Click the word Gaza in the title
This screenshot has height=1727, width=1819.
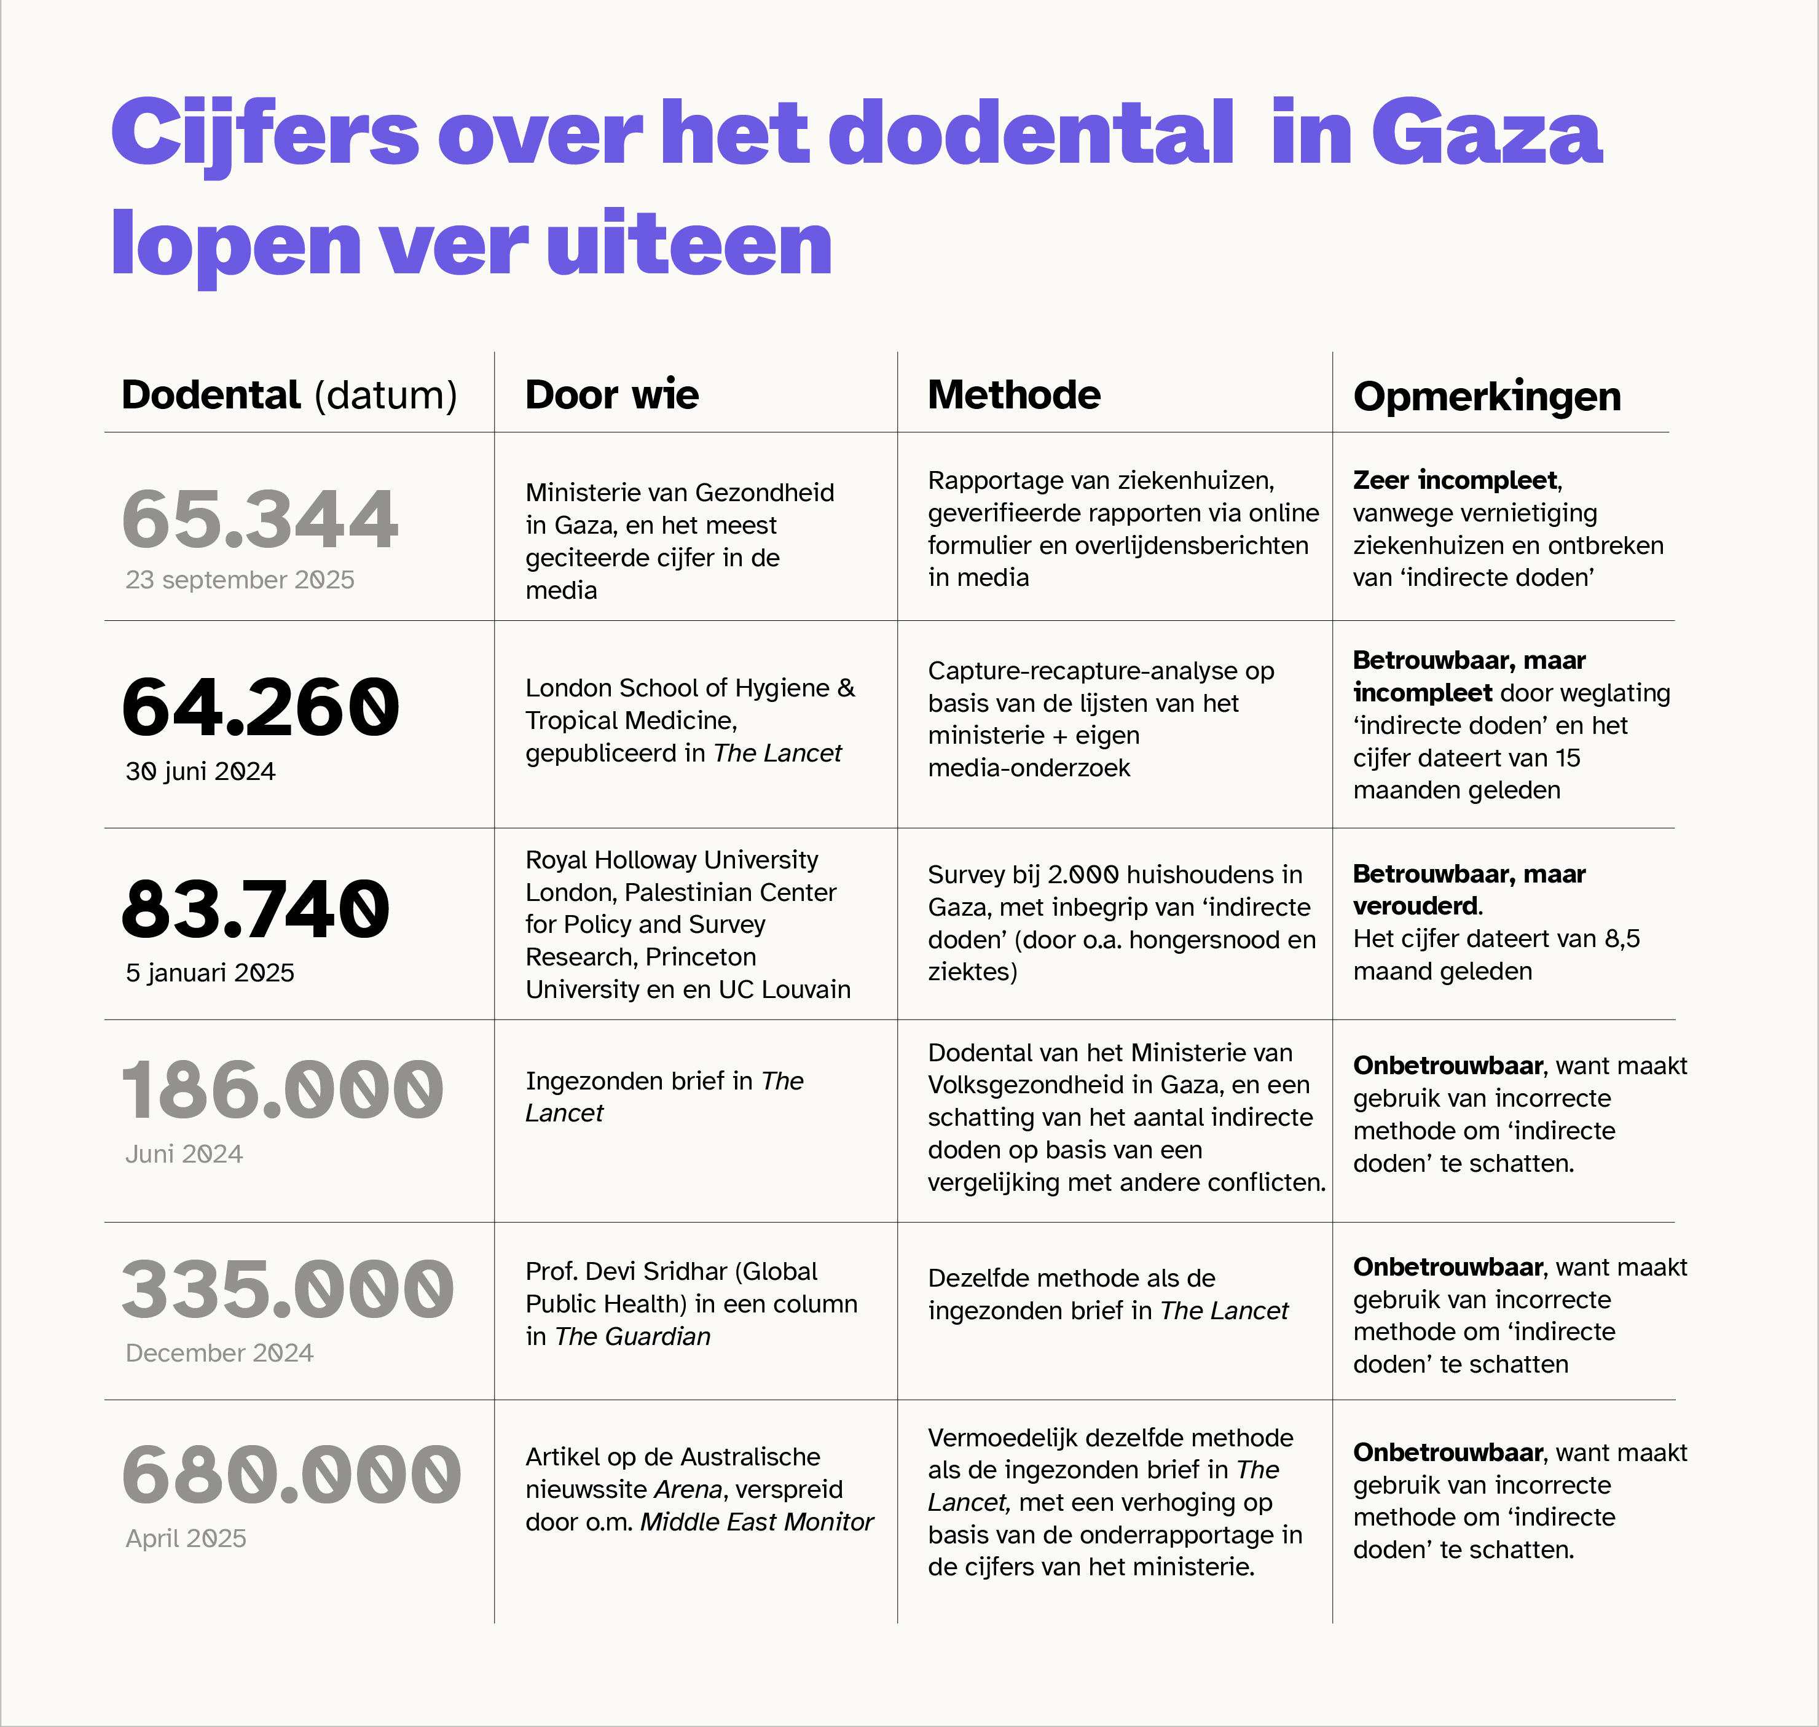click(x=1487, y=134)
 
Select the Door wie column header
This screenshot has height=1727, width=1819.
click(x=611, y=395)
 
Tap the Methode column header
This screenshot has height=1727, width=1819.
click(x=1013, y=395)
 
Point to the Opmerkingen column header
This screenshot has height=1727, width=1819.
click(x=1487, y=397)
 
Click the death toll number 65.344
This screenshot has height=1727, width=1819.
click(x=261, y=519)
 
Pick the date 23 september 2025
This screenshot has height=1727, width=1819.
click(x=240, y=580)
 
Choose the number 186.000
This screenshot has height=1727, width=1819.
click(x=282, y=1091)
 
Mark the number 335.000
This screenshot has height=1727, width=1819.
click(x=288, y=1290)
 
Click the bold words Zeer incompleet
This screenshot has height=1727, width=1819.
click(x=1455, y=480)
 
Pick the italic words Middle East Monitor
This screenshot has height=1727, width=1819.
click(x=756, y=1522)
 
